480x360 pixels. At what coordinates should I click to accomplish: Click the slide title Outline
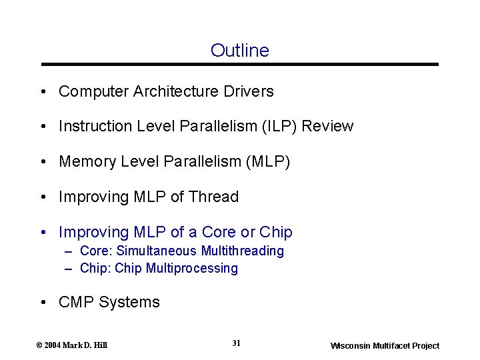coord(239,51)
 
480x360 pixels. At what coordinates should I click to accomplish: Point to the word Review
coord(328,126)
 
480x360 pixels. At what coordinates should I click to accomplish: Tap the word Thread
coord(213,197)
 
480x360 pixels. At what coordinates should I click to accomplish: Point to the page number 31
coord(237,343)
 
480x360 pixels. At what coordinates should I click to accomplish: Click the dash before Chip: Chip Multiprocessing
coord(69,269)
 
